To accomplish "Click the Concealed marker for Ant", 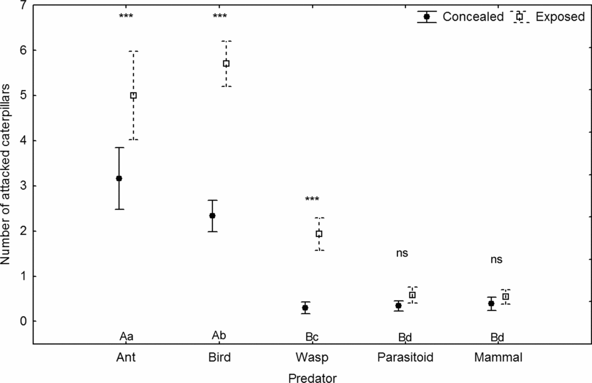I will [x=119, y=178].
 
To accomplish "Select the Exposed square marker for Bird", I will [x=226, y=64].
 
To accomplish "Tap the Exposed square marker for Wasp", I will [x=319, y=234].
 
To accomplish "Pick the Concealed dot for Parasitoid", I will [x=398, y=305].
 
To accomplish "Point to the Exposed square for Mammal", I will [x=506, y=297].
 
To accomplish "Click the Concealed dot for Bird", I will [x=212, y=216].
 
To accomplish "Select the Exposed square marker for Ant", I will [x=134, y=96].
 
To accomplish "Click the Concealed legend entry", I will [x=461, y=17].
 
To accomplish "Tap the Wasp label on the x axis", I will [x=312, y=358].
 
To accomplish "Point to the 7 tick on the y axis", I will [x=20, y=5].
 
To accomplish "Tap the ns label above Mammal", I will [x=496, y=259].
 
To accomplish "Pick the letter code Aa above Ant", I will [x=126, y=337].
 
